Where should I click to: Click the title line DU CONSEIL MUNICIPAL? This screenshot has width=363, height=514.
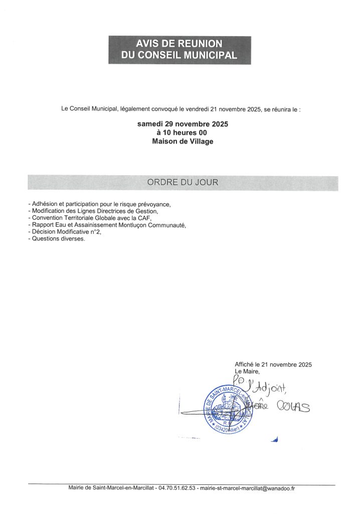[179, 55]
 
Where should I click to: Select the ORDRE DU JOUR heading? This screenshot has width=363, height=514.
[183, 183]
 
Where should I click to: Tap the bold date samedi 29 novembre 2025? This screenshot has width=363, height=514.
[183, 123]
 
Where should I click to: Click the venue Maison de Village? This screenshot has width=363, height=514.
[183, 142]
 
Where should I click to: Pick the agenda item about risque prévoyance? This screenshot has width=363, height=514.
[100, 204]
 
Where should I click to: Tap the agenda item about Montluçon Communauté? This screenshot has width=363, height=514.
[107, 225]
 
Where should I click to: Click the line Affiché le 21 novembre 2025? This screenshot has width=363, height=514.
[276, 364]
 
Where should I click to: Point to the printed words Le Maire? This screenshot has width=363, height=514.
[247, 371]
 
